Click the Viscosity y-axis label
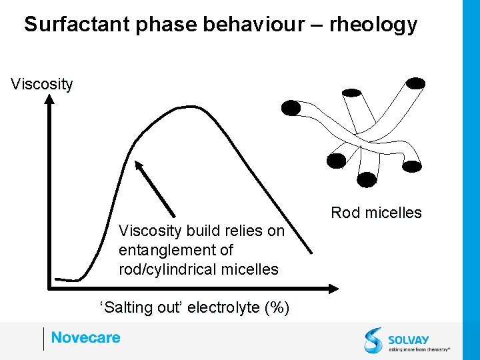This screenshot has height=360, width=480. click(42, 85)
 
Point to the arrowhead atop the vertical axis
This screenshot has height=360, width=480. click(49, 99)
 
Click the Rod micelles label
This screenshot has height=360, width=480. click(376, 213)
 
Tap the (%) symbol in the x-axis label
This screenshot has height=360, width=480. click(277, 307)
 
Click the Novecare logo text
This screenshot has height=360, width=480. click(85, 337)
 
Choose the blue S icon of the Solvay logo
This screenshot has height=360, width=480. click(373, 339)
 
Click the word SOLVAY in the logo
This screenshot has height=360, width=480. click(409, 339)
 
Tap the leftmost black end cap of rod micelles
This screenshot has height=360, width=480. click(291, 107)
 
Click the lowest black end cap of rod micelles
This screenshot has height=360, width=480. click(367, 179)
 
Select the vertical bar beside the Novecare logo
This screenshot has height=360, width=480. click(43, 339)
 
